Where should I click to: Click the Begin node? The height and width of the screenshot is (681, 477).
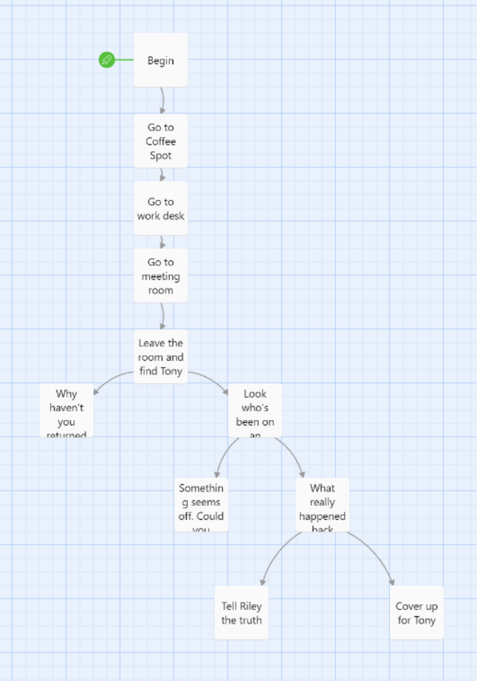pos(161,60)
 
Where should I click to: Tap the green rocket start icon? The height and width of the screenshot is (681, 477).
pos(107,60)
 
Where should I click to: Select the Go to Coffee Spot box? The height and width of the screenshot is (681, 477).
pos(161,141)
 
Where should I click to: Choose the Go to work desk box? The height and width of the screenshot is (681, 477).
pos(161,209)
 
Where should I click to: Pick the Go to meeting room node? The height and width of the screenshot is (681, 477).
pos(161,276)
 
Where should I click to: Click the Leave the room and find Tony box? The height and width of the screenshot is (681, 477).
pos(161,357)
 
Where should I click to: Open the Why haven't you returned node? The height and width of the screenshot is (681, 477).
pos(66,411)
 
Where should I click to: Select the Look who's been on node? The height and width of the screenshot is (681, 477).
pos(255,411)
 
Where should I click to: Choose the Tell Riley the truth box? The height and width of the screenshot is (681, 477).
pos(241,613)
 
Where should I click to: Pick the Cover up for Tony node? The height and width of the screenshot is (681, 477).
pos(417,613)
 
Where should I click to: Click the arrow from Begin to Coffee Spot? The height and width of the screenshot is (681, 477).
pos(163,100)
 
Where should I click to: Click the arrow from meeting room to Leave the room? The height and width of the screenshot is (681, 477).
pos(163,316)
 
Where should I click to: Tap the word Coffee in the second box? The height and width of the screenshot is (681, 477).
pos(161,141)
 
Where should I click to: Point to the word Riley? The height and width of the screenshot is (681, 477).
pos(250,606)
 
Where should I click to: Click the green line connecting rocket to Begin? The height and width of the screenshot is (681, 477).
pos(124,60)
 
